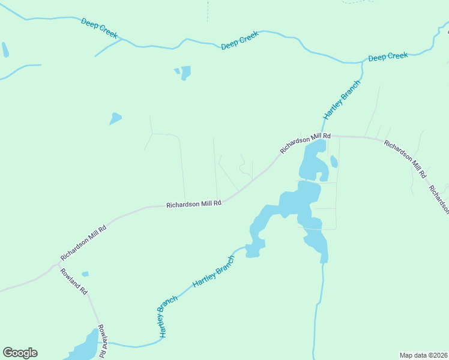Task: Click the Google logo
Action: click(20, 353)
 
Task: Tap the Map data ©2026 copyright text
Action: click(423, 355)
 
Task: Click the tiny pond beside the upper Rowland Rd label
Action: click(85, 274)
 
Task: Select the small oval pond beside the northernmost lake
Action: click(334, 162)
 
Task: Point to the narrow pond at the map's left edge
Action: click(5, 50)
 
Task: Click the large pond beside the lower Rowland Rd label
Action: click(84, 346)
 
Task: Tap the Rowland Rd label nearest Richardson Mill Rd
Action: click(74, 280)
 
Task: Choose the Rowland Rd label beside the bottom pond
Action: click(103, 339)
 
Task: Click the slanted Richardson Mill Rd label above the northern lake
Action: click(306, 144)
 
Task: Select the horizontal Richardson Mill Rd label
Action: click(194, 204)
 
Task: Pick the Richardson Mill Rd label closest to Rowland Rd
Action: click(83, 242)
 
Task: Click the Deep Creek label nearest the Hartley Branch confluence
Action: click(388, 56)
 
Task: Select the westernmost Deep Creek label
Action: click(100, 28)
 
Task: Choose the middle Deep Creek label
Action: click(240, 40)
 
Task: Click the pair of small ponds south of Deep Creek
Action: click(184, 73)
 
